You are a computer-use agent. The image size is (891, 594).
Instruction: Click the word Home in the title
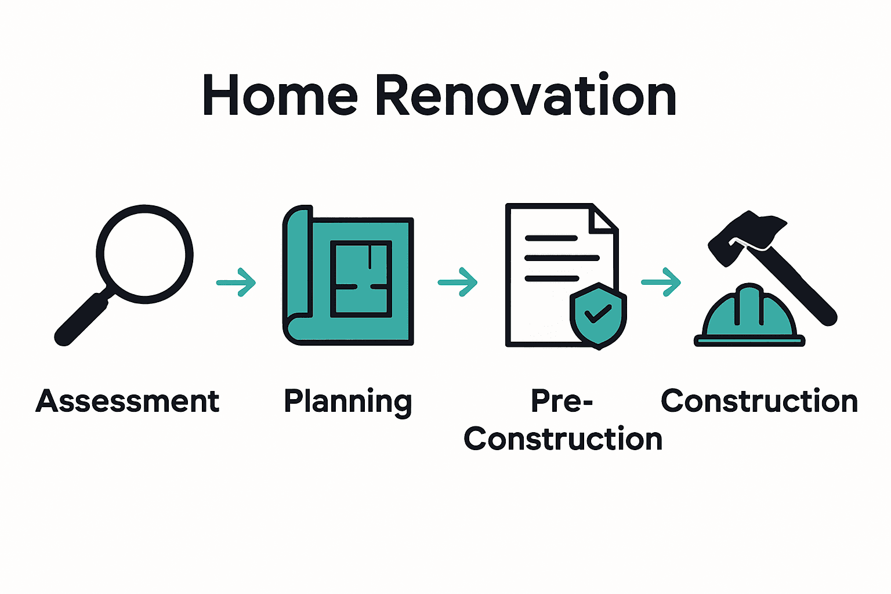tap(280, 96)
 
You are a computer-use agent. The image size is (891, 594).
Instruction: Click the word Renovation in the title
tap(526, 96)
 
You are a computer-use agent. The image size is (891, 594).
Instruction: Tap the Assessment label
tap(128, 401)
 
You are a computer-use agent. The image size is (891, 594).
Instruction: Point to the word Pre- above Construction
tap(562, 401)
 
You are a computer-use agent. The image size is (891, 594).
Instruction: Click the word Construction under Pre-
tap(563, 439)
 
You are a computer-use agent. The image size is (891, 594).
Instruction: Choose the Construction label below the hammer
tap(759, 401)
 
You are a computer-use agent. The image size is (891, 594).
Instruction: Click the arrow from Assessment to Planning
tap(237, 282)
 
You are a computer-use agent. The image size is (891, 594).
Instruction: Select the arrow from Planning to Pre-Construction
tap(458, 282)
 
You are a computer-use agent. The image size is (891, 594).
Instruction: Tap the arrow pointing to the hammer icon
tap(661, 282)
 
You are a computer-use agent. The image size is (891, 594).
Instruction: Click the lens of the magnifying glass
tap(144, 253)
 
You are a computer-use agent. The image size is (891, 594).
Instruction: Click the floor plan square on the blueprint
tap(361, 278)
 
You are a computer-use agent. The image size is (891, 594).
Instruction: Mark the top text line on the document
tap(551, 238)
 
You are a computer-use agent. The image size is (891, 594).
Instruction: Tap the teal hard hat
tap(749, 316)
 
